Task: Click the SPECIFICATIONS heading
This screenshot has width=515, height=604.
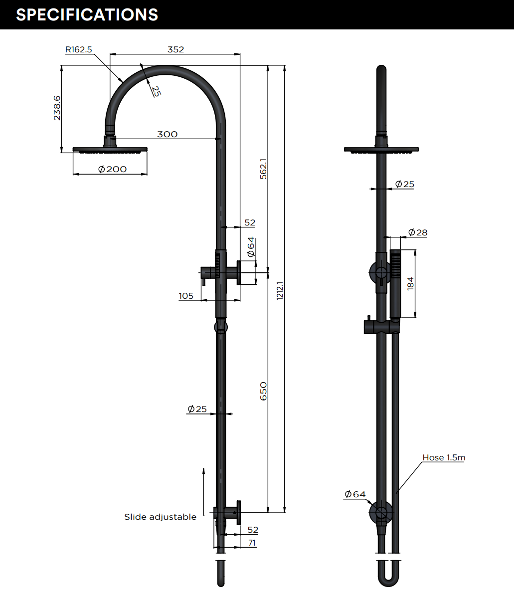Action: (87, 14)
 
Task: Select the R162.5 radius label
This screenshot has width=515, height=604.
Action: (78, 49)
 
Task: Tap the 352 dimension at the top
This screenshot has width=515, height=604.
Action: (175, 49)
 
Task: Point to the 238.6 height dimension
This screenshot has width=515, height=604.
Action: (57, 108)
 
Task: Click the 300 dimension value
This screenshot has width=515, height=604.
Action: (167, 134)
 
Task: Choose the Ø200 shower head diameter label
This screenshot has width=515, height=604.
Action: (112, 169)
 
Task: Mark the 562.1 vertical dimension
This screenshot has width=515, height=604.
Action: (263, 169)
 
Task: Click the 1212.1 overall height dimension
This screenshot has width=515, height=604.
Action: (280, 290)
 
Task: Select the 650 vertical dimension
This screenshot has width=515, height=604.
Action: (263, 391)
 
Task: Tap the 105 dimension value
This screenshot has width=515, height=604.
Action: (186, 296)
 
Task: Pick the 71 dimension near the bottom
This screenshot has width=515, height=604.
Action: (252, 543)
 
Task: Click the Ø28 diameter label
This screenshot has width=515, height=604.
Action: (417, 232)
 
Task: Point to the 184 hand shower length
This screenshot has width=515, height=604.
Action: (410, 283)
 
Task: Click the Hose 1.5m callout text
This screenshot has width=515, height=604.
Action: (444, 457)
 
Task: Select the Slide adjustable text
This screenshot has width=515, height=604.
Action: (160, 517)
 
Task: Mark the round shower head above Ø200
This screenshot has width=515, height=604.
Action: (110, 149)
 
